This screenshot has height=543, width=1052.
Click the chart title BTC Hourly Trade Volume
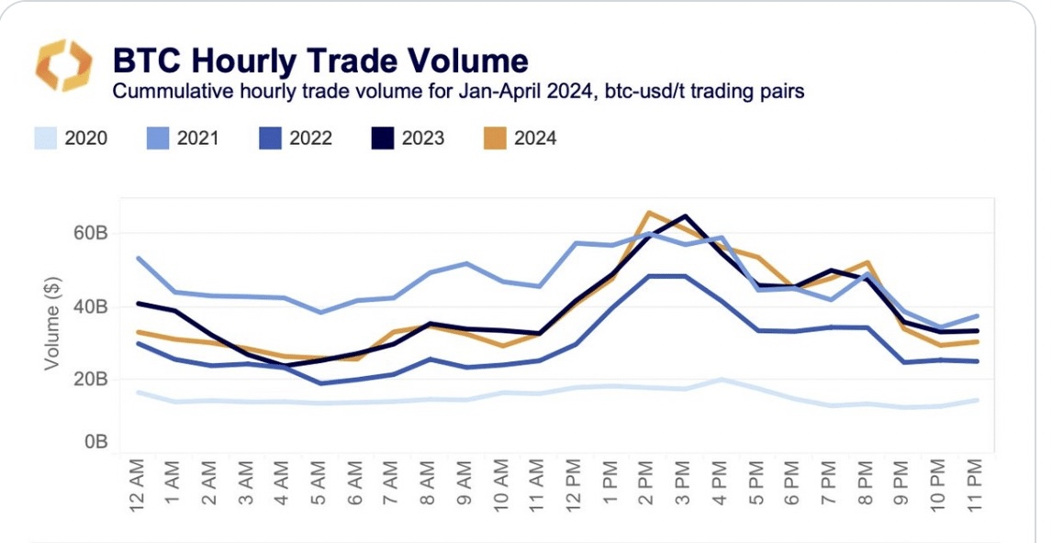pyautogui.click(x=319, y=61)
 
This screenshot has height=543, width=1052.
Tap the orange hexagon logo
pyautogui.click(x=63, y=65)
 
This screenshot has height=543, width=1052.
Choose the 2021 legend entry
pyautogui.click(x=183, y=139)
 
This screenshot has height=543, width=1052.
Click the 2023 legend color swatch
pyautogui.click(x=384, y=139)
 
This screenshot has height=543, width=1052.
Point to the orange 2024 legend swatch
pyautogui.click(x=496, y=139)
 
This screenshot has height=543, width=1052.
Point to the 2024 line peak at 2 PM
pyautogui.click(x=648, y=213)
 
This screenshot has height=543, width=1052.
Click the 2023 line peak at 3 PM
pyautogui.click(x=685, y=216)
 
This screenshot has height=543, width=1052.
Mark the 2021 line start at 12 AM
pyautogui.click(x=138, y=258)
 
